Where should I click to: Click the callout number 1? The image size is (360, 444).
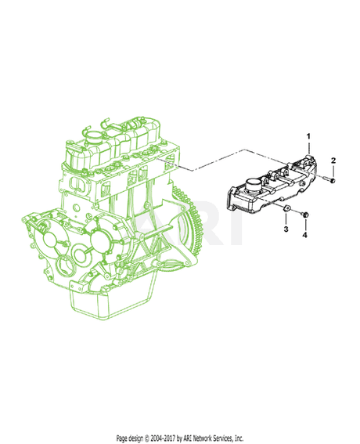pyautogui.click(x=286, y=137)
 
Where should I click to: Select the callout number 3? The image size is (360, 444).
pyautogui.click(x=286, y=231)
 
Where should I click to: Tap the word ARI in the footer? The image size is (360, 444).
pyautogui.click(x=180, y=438)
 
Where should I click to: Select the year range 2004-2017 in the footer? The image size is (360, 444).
pyautogui.click(x=153, y=438)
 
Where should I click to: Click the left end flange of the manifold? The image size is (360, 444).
pyautogui.click(x=234, y=197)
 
